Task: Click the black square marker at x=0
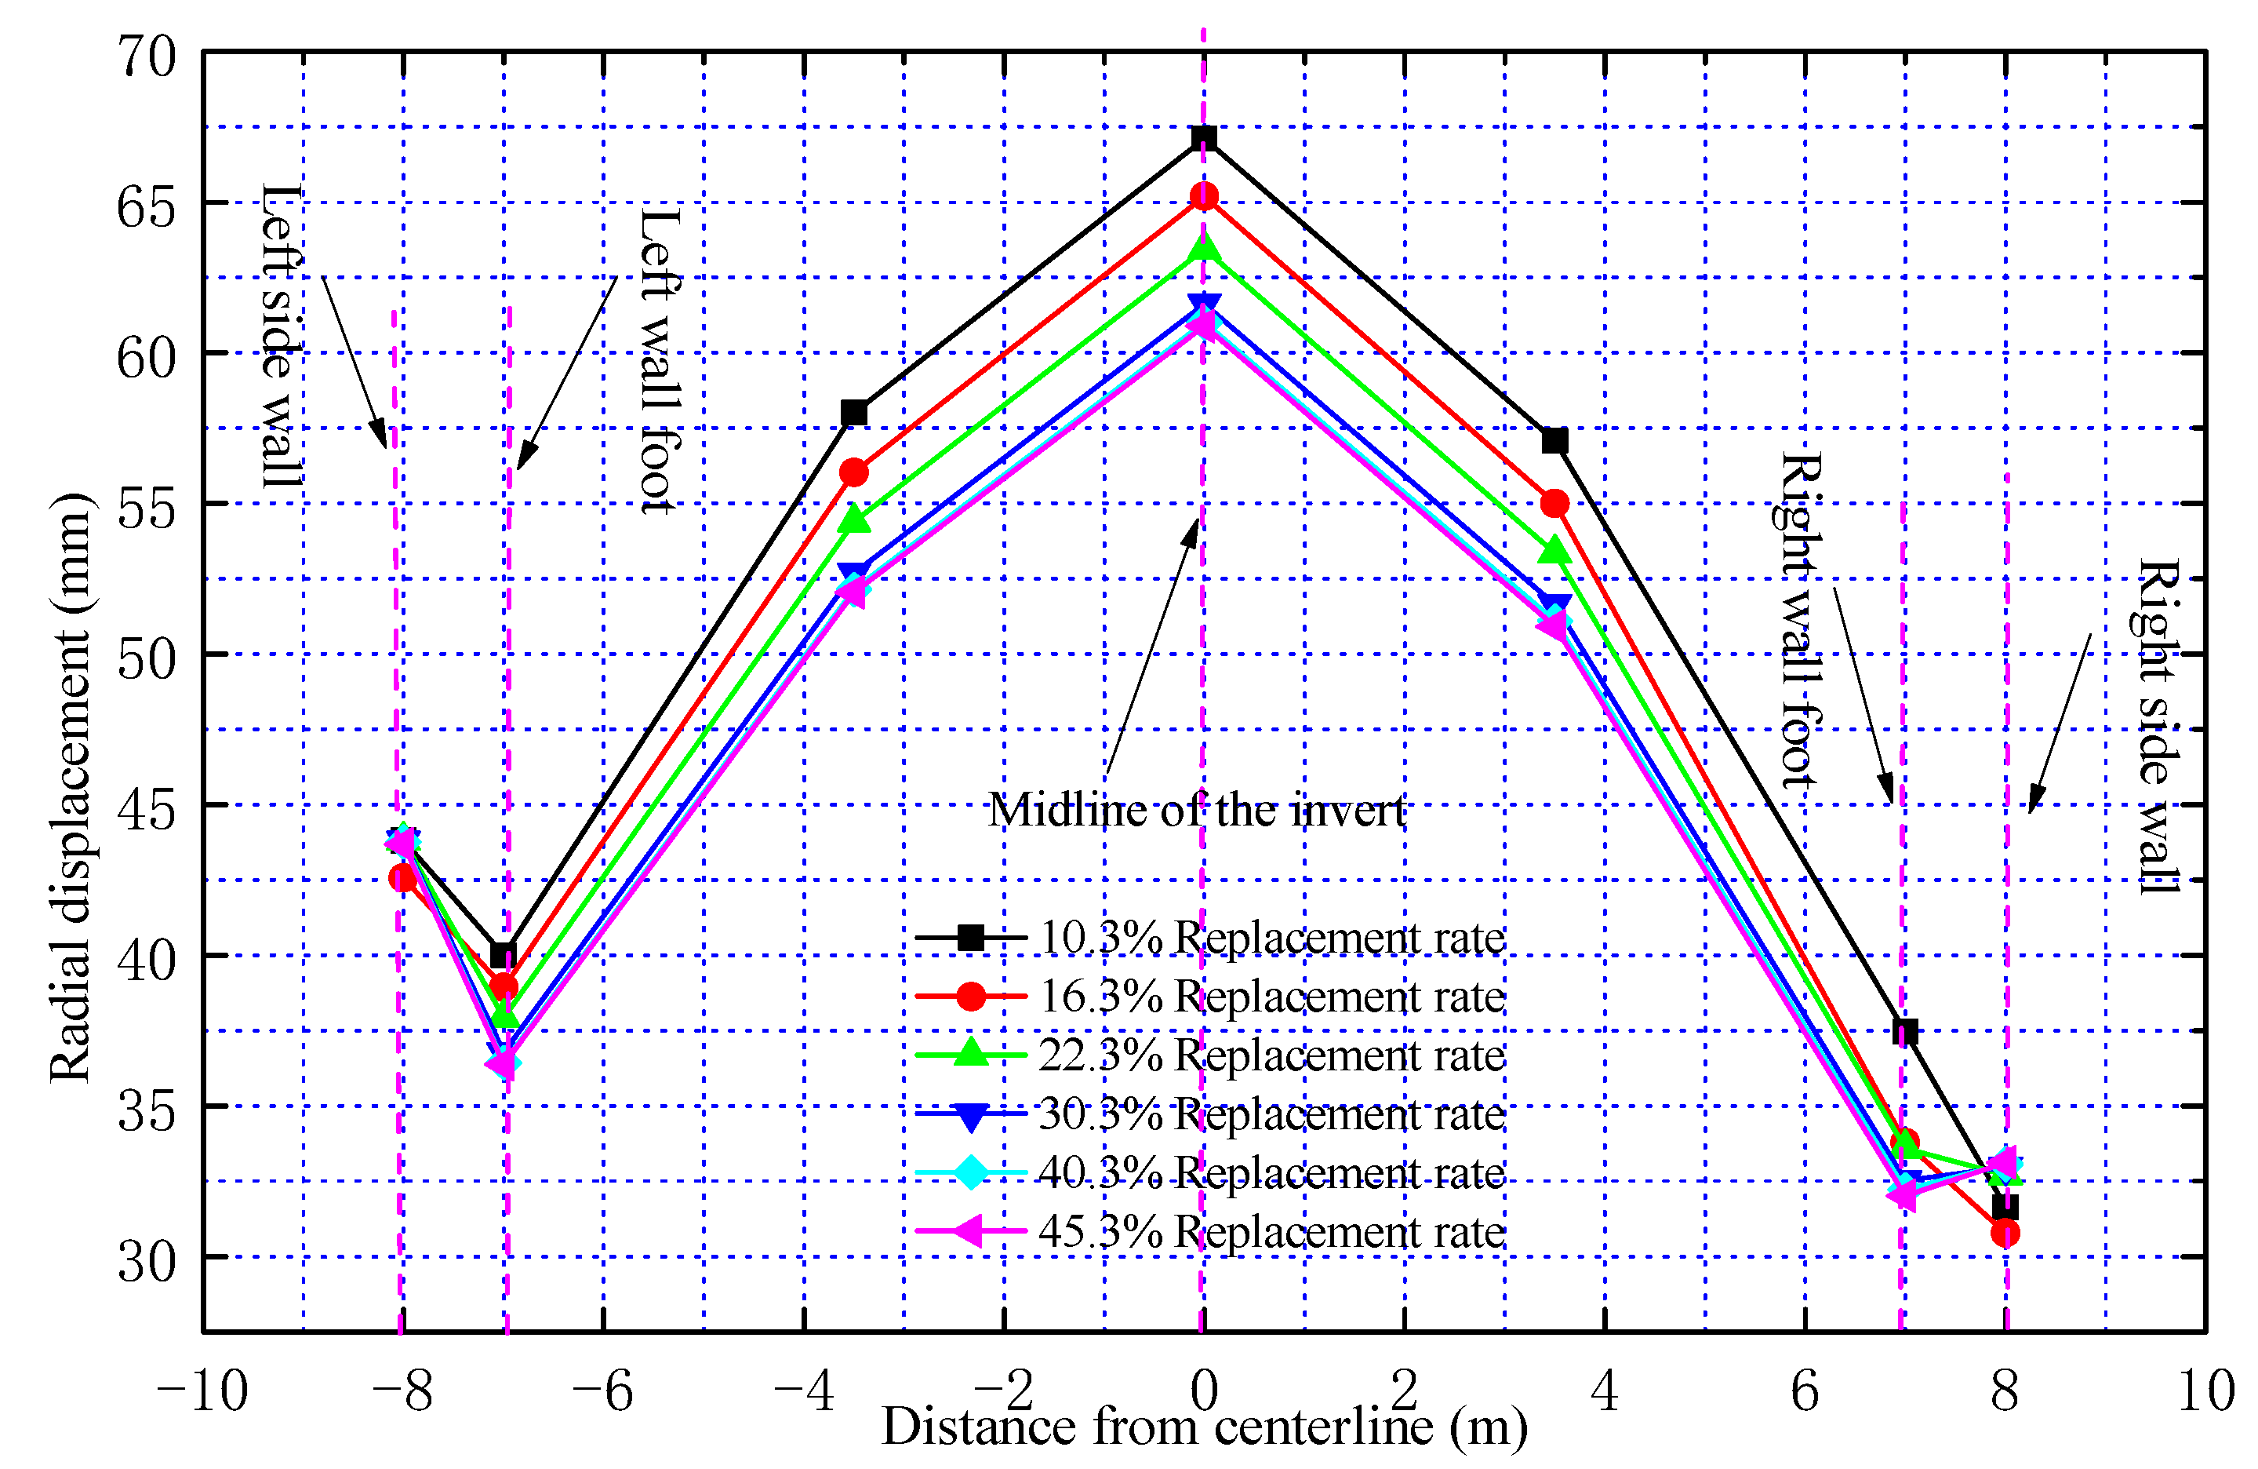tap(1203, 137)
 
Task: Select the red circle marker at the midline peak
tap(1203, 196)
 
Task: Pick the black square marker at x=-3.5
tap(854, 413)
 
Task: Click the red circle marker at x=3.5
tap(1554, 503)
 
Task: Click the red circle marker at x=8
tap(2005, 1233)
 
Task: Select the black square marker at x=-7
tap(504, 955)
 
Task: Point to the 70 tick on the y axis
tap(147, 57)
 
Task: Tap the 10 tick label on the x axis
tap(2205, 1392)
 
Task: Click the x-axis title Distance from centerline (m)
tap(1204, 1427)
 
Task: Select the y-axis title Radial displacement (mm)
tap(71, 787)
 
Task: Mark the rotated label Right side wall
tap(2158, 726)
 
